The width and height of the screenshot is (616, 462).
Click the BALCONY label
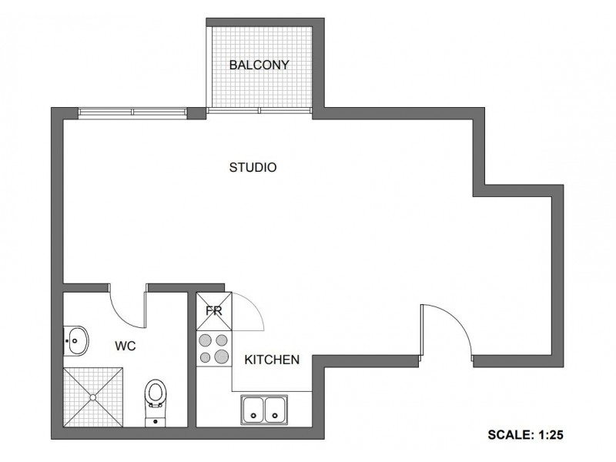click(259, 65)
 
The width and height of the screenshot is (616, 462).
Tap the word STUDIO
click(253, 167)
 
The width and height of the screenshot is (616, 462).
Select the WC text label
click(126, 346)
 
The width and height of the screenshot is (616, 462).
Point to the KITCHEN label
click(272, 360)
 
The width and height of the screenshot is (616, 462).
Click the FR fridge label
click(214, 313)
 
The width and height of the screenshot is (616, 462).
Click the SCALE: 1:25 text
click(527, 434)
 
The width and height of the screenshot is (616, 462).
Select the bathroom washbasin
click(77, 339)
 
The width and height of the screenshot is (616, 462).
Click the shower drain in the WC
click(94, 397)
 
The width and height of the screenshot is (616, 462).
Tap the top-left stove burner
click(206, 339)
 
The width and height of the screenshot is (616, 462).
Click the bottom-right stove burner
click(221, 356)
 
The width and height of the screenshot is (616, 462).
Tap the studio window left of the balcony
click(132, 112)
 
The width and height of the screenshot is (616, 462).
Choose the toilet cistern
click(156, 420)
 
